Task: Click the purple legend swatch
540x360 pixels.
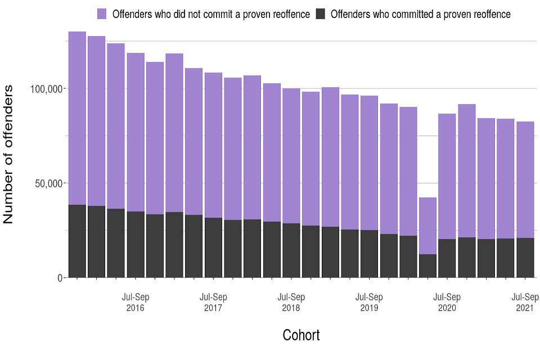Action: [102, 14]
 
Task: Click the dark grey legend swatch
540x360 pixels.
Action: [321, 14]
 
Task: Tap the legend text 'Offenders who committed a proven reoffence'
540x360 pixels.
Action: [420, 14]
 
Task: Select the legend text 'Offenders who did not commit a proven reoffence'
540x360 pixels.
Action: [211, 14]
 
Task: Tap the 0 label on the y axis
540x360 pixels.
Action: [60, 278]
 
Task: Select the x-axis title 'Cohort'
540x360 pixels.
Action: [301, 335]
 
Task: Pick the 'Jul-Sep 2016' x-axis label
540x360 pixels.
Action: [136, 303]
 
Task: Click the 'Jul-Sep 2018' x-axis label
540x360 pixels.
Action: [291, 303]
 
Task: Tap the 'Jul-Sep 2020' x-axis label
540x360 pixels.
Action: [447, 303]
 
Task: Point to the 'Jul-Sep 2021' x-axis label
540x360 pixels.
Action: [525, 303]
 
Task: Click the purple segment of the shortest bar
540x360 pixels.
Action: [427, 226]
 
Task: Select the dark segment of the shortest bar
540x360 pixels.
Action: [427, 266]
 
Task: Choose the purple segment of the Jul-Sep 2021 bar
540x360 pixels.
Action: [525, 179]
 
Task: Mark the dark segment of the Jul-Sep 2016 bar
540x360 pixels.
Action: [136, 245]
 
